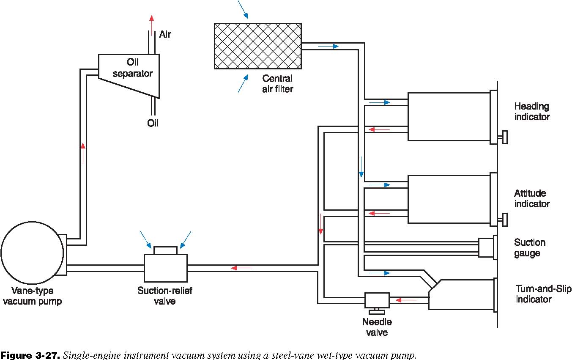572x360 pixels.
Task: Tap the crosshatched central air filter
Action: (258, 46)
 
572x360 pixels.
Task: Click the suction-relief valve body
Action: (166, 268)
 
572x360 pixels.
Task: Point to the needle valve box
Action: (377, 300)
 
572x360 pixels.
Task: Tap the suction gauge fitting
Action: (486, 247)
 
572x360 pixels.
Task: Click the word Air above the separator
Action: (165, 35)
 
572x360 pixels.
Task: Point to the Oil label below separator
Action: (153, 123)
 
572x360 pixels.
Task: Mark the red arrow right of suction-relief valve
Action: (241, 268)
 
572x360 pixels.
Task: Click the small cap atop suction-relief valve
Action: (165, 250)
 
